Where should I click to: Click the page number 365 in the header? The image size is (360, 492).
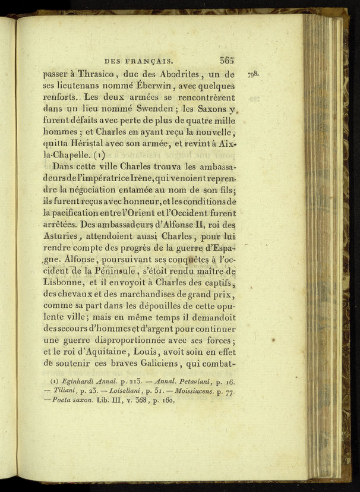click(226, 60)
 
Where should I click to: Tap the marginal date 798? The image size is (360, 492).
click(254, 74)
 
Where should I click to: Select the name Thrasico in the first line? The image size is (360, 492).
click(98, 75)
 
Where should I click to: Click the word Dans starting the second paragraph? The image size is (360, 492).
click(62, 166)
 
